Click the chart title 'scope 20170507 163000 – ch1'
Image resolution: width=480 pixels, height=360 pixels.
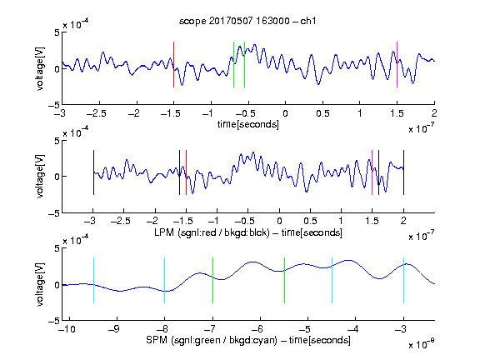coord(247,21)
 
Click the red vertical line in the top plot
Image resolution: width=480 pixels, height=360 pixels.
coord(173,65)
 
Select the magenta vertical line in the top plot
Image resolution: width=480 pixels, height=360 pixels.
coord(397,65)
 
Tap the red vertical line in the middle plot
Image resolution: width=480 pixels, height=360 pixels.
coord(186,172)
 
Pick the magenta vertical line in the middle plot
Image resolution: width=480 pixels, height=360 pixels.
coord(372,172)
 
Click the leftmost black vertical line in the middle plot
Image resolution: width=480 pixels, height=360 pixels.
coord(93,172)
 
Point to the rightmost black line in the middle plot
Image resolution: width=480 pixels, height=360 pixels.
coord(403,172)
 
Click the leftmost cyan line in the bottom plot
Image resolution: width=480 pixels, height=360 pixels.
coord(93,280)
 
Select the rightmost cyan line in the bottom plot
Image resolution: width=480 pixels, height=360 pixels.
coord(403,280)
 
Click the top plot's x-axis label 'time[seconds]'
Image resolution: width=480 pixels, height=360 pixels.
coord(248,124)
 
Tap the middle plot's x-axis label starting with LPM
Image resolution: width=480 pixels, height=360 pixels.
coord(248,232)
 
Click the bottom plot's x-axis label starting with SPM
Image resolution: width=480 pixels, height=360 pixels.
coord(248,340)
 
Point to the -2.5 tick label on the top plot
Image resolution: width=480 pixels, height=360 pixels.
coord(97,113)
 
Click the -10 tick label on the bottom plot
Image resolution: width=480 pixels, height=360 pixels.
coord(66,329)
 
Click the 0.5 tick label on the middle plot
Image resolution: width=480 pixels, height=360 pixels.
coord(310,221)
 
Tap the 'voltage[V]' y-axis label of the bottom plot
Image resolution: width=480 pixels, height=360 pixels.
coord(40,285)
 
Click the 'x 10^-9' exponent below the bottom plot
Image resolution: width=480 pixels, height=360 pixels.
coord(422,344)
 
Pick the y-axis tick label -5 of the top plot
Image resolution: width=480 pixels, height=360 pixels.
coord(54,105)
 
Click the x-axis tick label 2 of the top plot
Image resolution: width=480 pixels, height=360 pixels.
coord(434,113)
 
